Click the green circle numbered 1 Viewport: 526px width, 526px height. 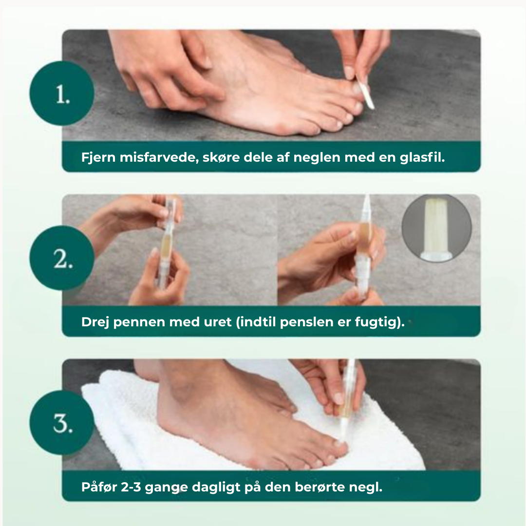[62, 94]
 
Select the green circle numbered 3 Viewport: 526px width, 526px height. [62, 423]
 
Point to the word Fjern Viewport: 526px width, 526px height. [95, 158]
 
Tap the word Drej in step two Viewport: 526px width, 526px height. [95, 322]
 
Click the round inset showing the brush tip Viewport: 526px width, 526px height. [436, 228]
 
